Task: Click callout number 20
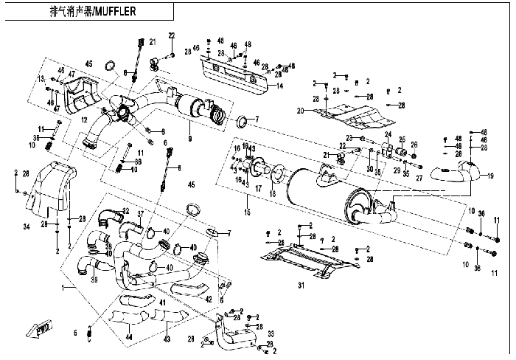click(x=301, y=111)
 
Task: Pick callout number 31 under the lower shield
click(x=301, y=286)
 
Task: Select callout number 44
click(x=130, y=337)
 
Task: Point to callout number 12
click(x=84, y=120)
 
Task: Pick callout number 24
click(x=388, y=135)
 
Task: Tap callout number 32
click(x=126, y=211)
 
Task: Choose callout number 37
click(x=141, y=215)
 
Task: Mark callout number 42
click(x=209, y=299)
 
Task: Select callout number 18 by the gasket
click(x=273, y=193)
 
